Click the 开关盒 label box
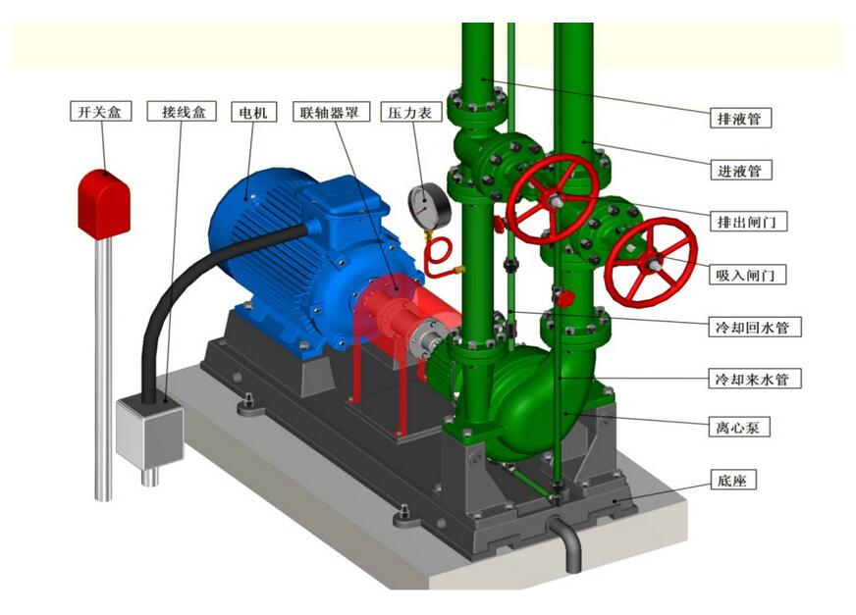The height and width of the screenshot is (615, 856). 101,111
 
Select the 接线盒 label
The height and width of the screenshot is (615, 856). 182,111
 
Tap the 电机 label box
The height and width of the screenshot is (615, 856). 254,112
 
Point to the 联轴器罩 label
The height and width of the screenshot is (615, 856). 332,111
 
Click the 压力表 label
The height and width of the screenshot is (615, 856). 411,112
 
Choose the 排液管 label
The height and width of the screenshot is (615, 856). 740,118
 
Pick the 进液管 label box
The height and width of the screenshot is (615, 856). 740,171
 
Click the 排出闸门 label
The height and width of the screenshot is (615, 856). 748,222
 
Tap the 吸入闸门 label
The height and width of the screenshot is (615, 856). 748,274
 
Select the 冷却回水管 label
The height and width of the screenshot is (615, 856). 755,327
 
